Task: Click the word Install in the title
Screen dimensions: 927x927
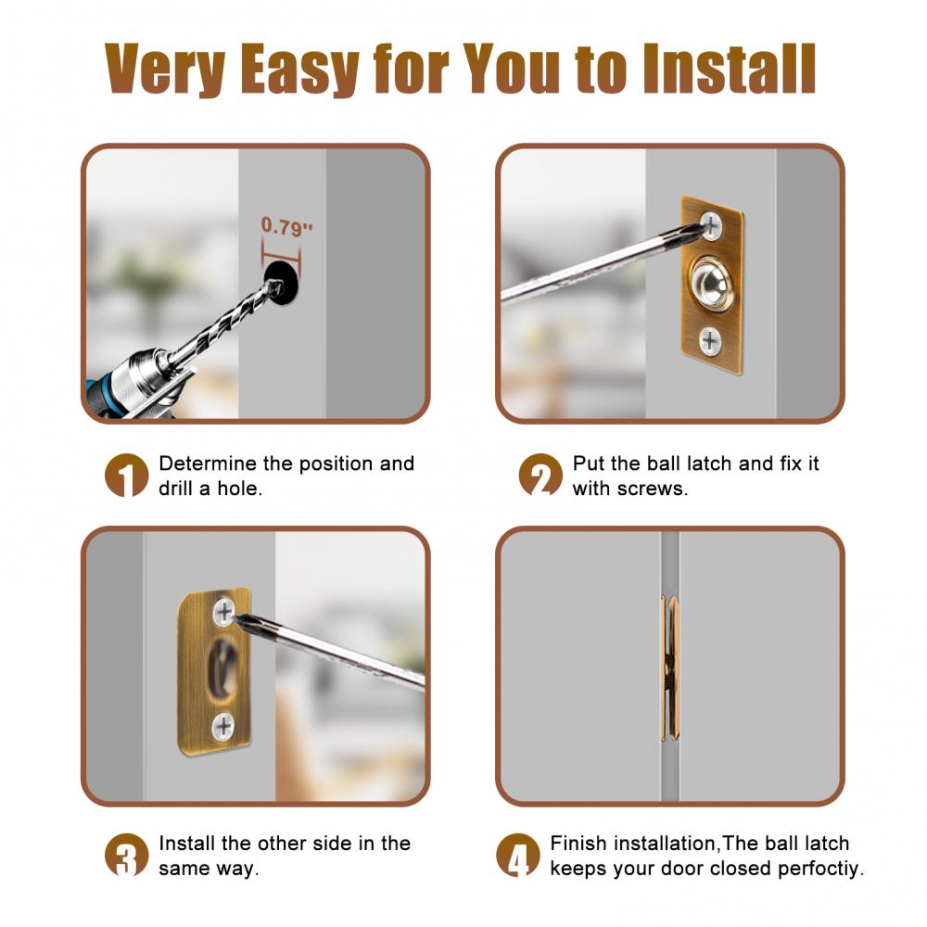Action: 730,68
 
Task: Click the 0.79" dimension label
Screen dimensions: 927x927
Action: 286,226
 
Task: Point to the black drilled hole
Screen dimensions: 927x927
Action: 282,284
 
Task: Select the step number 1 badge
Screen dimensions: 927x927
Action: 126,476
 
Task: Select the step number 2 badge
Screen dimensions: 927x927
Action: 540,476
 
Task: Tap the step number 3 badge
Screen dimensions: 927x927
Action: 126,855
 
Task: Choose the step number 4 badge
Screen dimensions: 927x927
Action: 518,855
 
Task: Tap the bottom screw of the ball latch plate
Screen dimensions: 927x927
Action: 710,341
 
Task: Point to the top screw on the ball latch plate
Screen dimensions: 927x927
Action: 711,225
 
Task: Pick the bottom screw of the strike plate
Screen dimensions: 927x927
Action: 223,727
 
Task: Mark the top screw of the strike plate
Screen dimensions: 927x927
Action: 224,612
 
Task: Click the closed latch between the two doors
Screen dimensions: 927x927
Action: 670,668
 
